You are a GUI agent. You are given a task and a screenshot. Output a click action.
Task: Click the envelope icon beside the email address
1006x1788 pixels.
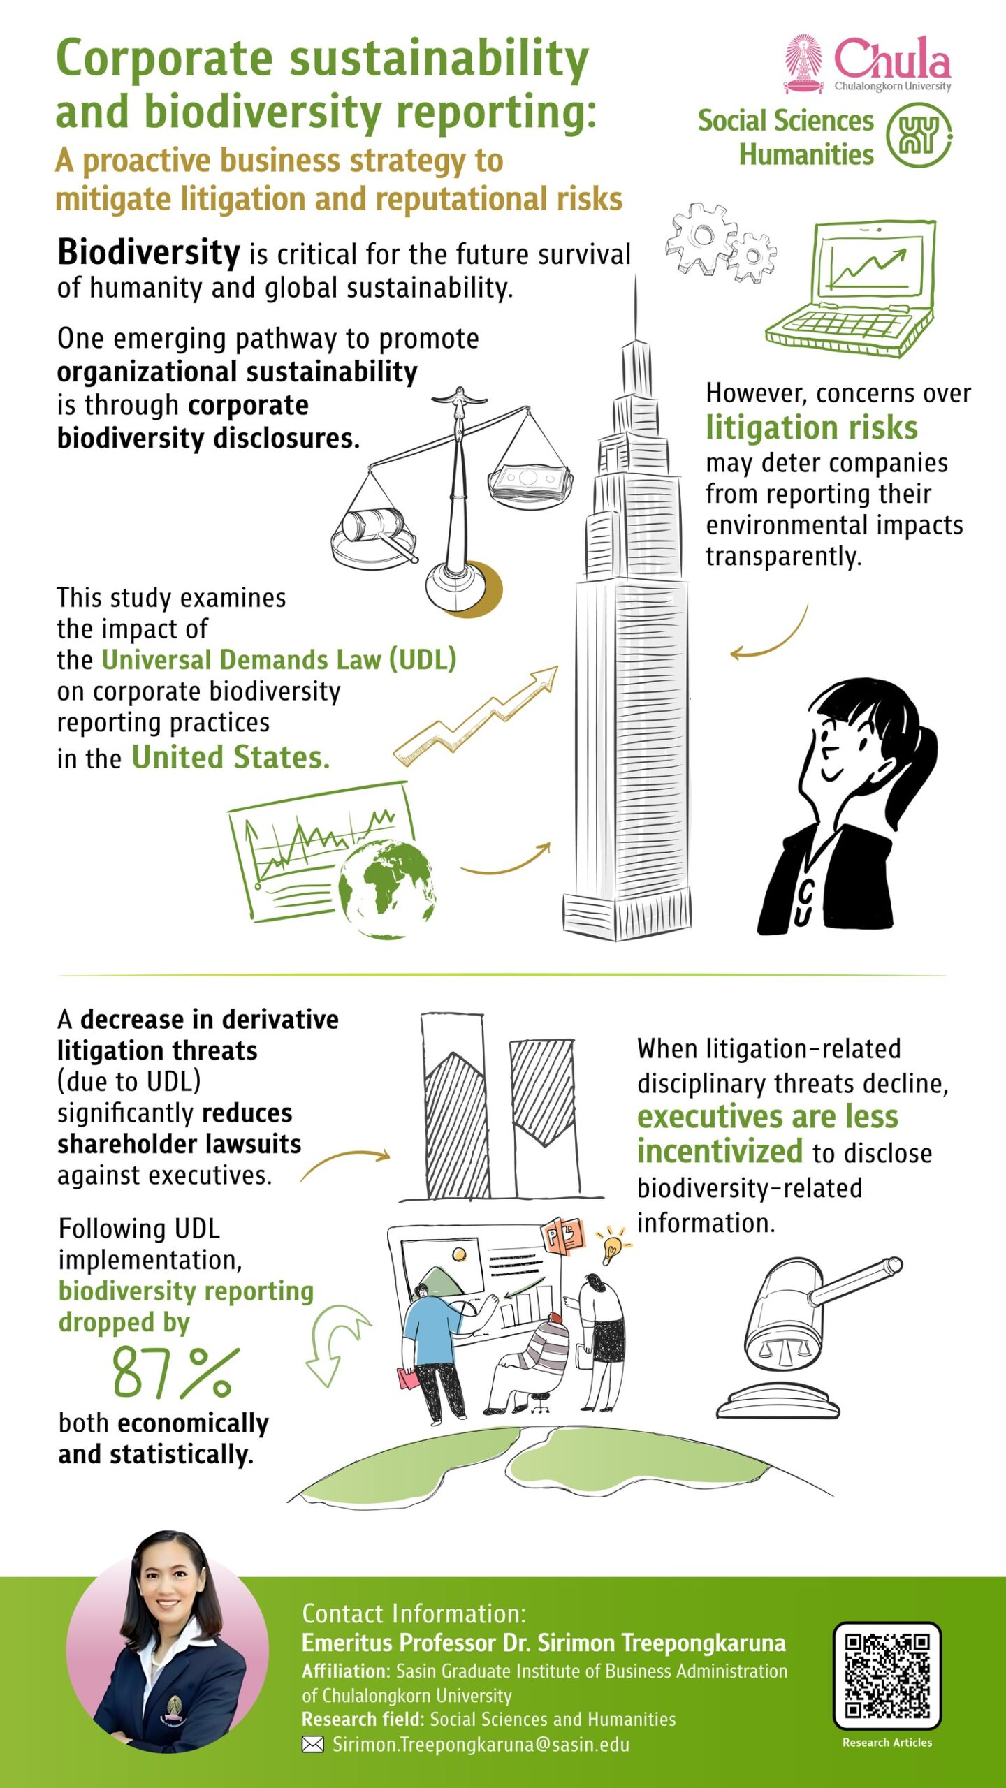312,1744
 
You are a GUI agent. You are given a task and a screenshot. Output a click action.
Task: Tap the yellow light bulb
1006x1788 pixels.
612,1245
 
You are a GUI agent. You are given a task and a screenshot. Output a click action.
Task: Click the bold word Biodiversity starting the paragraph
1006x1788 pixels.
149,253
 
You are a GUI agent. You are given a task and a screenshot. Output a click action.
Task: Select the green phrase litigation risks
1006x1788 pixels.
811,427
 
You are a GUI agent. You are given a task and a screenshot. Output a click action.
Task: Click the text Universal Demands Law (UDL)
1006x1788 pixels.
279,659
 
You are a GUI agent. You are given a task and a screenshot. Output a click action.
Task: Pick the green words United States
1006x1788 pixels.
231,758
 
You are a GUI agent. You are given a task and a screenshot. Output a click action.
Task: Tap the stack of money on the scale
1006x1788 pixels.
531,482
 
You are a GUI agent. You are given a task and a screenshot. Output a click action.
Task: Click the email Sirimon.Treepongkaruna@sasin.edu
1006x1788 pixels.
481,1744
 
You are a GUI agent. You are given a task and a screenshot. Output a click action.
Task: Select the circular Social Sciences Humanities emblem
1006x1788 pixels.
919,135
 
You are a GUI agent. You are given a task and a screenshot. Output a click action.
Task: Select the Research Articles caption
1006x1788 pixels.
887,1743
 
